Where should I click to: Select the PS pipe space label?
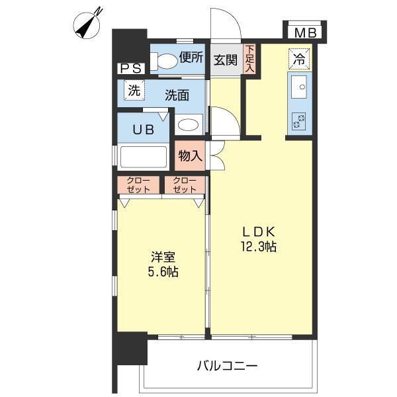point(129,68)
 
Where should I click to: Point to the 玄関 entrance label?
point(226,60)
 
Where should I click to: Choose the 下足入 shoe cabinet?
point(249,59)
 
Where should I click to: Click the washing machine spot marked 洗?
point(134,92)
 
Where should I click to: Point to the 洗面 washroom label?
point(177,95)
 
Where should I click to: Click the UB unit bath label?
point(146,129)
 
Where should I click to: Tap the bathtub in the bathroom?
point(144,157)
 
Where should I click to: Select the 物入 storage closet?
point(190,156)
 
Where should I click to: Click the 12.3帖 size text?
point(259,247)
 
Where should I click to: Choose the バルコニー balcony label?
point(227,365)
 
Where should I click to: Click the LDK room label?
point(258,232)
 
